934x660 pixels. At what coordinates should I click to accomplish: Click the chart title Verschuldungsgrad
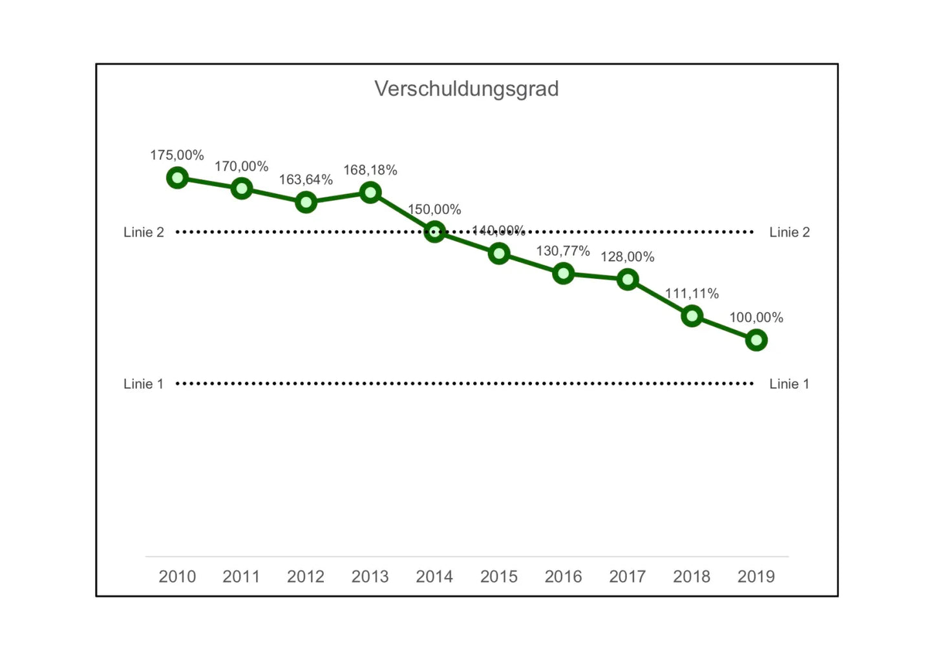point(466,89)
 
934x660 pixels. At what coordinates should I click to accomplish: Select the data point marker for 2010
point(177,178)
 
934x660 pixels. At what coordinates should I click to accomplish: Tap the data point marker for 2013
point(370,192)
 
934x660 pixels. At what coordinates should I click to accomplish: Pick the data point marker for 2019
point(756,340)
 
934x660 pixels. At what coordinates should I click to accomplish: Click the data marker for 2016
point(563,273)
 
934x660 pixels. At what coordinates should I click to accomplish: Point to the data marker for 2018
point(692,316)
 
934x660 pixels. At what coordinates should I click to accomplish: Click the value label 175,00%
point(177,155)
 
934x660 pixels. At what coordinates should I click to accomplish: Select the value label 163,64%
point(306,180)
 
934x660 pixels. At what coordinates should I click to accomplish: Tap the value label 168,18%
point(370,170)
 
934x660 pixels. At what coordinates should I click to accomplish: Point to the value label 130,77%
point(563,251)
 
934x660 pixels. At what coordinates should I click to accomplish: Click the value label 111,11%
point(692,293)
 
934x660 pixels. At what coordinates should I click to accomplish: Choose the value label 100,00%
point(756,317)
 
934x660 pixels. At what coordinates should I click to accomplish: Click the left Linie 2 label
point(143,232)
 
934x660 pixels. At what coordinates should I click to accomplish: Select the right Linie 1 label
point(789,384)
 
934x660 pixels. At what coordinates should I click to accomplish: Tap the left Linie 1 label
point(143,384)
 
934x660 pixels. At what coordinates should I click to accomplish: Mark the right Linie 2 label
point(789,232)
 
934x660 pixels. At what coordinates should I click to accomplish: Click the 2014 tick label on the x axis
point(434,576)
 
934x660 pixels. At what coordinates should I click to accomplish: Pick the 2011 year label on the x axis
point(241,576)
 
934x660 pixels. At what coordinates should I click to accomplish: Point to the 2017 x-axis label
point(627,576)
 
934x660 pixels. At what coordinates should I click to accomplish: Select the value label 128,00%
point(627,257)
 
